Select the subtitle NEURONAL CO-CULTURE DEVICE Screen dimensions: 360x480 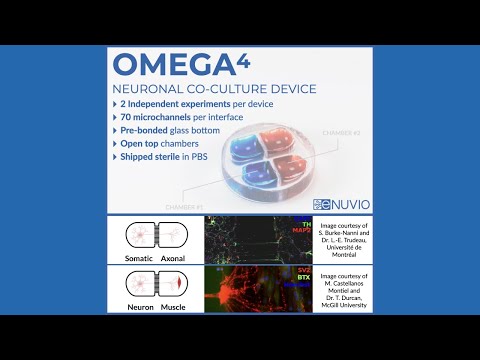[214, 89]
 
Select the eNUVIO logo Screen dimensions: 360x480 [341, 203]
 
